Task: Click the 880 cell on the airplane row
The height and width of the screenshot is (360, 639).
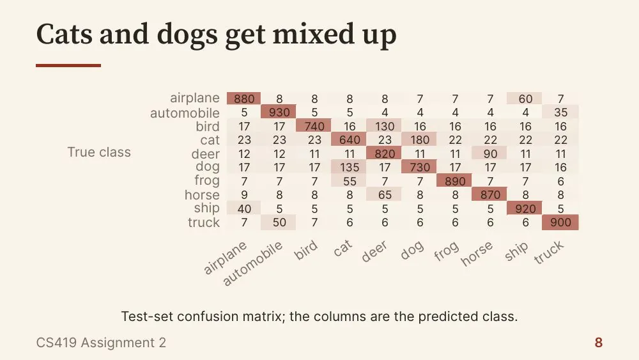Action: pos(244,98)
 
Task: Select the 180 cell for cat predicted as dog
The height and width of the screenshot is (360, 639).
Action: pos(420,140)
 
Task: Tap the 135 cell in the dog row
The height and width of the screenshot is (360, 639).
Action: pos(350,167)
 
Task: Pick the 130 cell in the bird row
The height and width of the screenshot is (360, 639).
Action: pos(385,126)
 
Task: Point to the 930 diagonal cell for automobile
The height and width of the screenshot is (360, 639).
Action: pos(279,112)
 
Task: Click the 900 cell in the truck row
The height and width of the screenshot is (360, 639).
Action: pos(560,222)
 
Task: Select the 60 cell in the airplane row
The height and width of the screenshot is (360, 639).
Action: pos(525,98)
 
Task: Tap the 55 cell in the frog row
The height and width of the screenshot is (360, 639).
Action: pos(350,181)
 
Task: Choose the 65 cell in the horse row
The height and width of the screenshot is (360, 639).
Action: pos(385,194)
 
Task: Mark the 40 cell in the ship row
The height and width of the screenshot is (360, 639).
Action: pos(244,208)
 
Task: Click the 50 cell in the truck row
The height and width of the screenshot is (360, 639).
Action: pos(279,222)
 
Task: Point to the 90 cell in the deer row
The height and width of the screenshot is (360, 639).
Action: pos(490,153)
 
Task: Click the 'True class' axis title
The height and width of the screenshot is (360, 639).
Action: pos(99,152)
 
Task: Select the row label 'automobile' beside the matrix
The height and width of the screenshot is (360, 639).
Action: pos(185,113)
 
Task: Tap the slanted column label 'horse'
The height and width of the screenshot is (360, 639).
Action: pos(477,253)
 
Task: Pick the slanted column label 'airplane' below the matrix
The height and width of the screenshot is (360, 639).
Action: pos(225,258)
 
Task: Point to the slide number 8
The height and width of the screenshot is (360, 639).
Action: pos(598,343)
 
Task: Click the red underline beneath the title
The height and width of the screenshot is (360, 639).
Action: pos(68,65)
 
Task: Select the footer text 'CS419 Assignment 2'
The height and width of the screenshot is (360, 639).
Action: pos(101,343)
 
